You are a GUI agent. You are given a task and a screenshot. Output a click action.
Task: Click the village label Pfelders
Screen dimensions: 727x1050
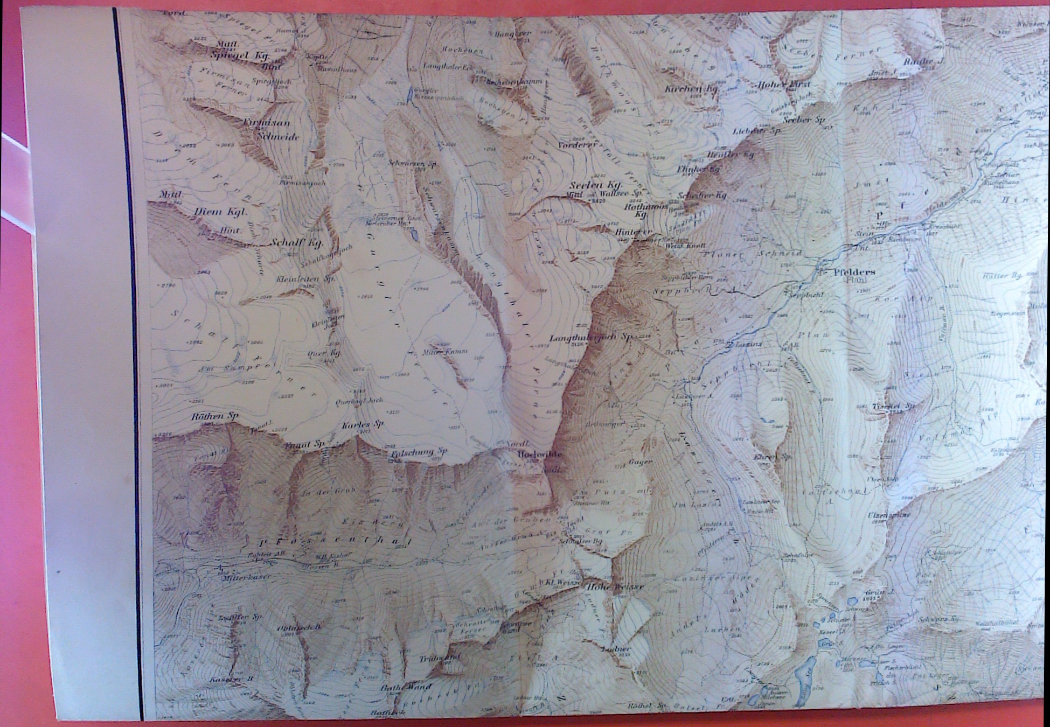(x=854, y=272)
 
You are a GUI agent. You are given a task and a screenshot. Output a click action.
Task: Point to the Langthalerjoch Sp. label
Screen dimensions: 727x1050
(x=590, y=338)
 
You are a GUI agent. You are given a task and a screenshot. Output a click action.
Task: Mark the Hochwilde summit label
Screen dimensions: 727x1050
(x=539, y=455)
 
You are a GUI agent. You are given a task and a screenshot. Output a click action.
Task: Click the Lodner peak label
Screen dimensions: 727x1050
(x=618, y=648)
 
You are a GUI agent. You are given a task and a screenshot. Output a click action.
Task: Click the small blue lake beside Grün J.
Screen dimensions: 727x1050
(x=852, y=602)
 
